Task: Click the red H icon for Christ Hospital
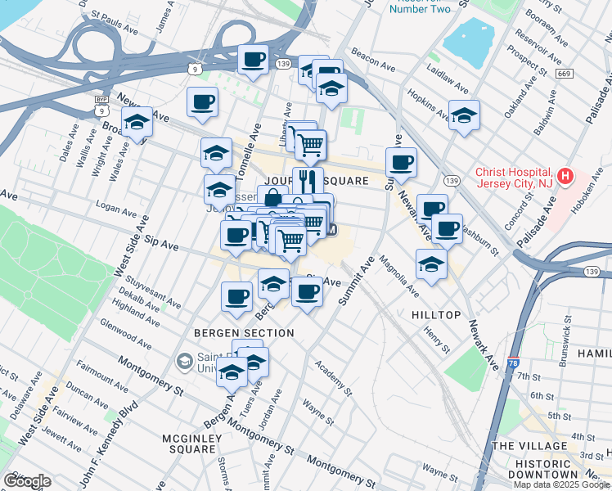click(565, 175)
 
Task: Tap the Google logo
click(27, 481)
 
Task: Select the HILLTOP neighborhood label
click(437, 314)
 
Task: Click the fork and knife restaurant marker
click(308, 180)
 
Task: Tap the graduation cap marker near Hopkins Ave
click(464, 115)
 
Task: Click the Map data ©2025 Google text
click(561, 484)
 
